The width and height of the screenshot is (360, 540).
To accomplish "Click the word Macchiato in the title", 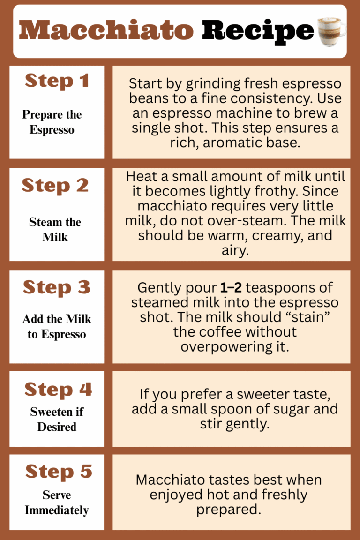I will point(106,31).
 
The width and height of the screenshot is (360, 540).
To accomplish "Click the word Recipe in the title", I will point(257,31).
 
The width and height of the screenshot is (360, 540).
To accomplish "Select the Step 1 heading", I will point(57,81).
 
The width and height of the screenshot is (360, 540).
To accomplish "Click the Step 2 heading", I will point(55,186).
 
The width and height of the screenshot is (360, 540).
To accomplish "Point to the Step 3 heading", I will point(57,287).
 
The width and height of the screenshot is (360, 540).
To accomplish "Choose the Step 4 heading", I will point(58,389).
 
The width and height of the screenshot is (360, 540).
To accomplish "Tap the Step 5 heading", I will point(59,472).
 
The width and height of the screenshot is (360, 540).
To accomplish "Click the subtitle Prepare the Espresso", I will point(52,122).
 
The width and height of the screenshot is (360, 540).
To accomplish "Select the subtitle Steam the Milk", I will point(55,229).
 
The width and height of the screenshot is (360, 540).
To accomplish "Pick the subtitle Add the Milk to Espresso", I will point(57,327).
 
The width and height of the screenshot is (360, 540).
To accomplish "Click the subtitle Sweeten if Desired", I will point(57,419).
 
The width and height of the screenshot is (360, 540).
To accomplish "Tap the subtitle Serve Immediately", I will point(56,502).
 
